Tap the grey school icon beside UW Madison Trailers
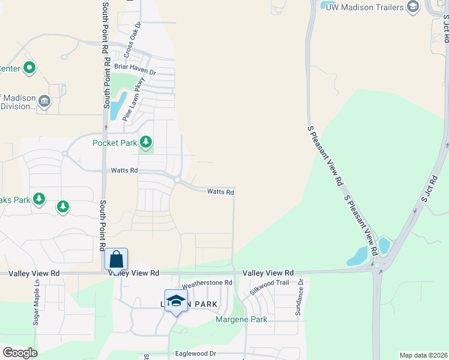pos(412,6)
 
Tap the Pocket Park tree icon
pos(145,142)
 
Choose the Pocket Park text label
pos(114,143)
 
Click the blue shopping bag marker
pos(116,259)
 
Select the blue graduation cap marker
pos(176,300)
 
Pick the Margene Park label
pos(241,320)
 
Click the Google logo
pos(20,353)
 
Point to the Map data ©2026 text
pos(423,355)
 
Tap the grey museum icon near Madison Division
pos(44,102)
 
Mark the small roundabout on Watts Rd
pos(178,179)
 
